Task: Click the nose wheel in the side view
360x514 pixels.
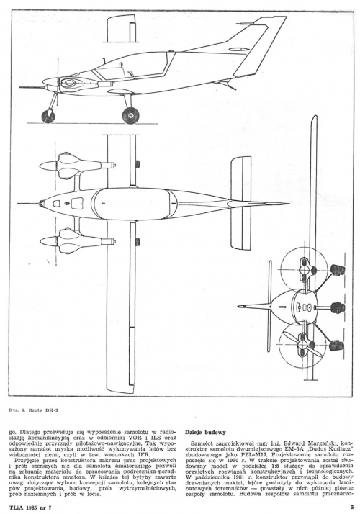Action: pyautogui.click(x=48, y=117)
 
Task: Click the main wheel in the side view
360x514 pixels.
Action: pyautogui.click(x=130, y=115)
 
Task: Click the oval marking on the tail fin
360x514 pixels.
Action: pyautogui.click(x=239, y=49)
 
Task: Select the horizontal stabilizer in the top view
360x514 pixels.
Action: pyautogui.click(x=241, y=203)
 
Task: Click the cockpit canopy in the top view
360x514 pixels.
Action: pyautogui.click(x=135, y=204)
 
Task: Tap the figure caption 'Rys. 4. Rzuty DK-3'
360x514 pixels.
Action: pyautogui.click(x=34, y=410)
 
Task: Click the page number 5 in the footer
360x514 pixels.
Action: pyautogui.click(x=352, y=507)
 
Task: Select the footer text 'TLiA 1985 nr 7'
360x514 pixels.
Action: pyautogui.click(x=31, y=508)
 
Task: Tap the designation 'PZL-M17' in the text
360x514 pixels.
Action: pyautogui.click(x=268, y=454)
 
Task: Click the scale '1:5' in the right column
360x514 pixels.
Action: pyautogui.click(x=283, y=466)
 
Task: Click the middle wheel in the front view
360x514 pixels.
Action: pyautogui.click(x=338, y=308)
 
